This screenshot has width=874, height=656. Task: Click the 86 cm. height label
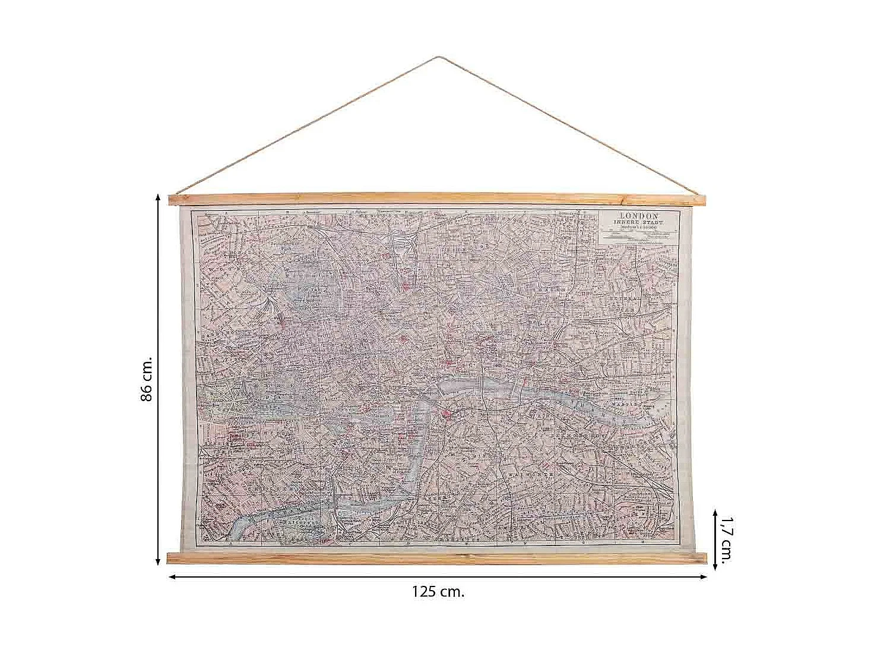pos(147,379)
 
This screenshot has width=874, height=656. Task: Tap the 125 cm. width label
pos(438,592)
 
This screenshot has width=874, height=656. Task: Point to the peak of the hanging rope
pos(438,58)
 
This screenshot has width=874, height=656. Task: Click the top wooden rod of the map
pos(438,199)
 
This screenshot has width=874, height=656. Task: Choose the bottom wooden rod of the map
pos(438,557)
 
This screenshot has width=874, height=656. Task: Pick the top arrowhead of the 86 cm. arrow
pos(158,195)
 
